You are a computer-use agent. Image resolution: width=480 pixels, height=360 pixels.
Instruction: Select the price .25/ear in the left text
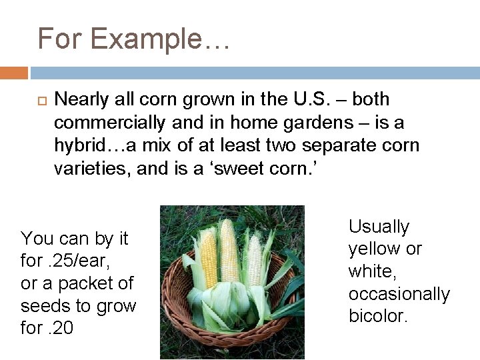coord(68,261)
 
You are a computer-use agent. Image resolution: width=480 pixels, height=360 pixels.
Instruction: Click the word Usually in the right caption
coord(379,227)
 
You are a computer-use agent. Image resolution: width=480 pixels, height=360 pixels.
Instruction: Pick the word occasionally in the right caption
coord(399,294)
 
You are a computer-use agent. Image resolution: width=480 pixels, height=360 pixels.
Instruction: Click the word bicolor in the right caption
coord(377,316)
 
